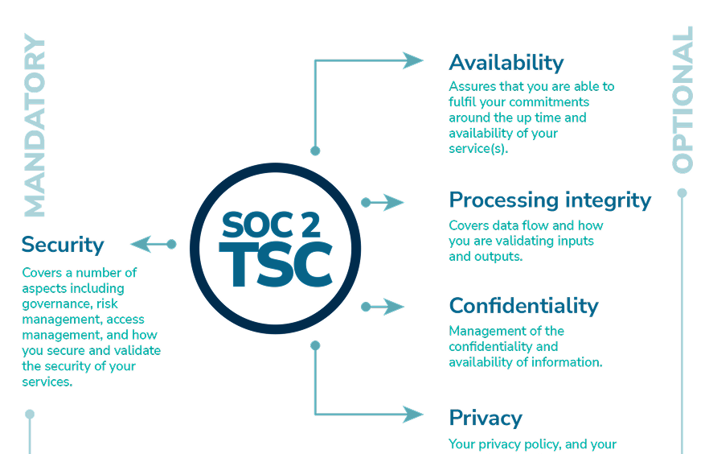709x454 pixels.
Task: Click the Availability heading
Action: pos(506,63)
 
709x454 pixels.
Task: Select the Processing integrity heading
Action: pos(550,200)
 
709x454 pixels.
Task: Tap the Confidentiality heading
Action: pos(523,306)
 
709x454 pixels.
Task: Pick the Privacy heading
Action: pos(486,418)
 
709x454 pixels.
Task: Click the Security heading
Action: pos(63,245)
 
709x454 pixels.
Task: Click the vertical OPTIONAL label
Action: pos(682,100)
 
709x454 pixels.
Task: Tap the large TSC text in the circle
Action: pos(276,262)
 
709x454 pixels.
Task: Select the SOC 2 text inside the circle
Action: pos(276,225)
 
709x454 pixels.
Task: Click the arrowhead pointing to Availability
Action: pos(413,60)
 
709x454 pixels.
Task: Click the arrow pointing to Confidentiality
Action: pos(384,307)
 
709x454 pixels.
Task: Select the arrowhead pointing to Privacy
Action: pos(413,415)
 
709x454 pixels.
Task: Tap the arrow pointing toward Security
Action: pos(153,244)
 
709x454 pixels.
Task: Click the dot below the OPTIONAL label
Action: pos(682,193)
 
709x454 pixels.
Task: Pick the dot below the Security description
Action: pos(30,415)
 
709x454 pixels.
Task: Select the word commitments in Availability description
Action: pos(550,102)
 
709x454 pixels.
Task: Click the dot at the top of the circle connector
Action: pos(315,151)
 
